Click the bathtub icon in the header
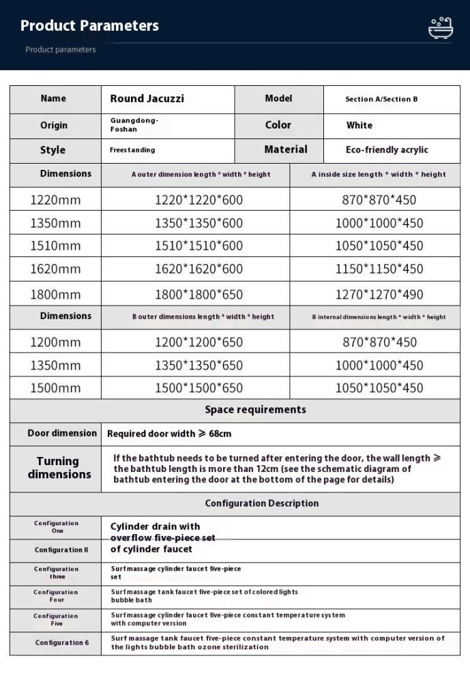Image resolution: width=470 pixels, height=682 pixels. [x=440, y=29]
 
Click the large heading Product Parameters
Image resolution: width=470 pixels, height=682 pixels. [x=89, y=26]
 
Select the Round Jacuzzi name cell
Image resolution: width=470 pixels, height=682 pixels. [x=147, y=99]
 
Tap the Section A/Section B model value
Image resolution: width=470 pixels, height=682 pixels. [x=381, y=100]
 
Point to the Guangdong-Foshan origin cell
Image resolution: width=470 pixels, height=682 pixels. [x=134, y=125]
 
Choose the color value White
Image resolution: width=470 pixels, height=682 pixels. [x=359, y=125]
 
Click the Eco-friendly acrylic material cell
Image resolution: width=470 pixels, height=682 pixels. [x=387, y=150]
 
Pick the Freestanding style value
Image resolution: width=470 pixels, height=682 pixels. [x=132, y=150]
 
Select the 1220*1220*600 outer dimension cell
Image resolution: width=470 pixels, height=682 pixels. [x=199, y=200]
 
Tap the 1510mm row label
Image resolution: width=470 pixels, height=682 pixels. [x=55, y=246]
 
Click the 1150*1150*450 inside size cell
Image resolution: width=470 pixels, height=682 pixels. [x=379, y=269]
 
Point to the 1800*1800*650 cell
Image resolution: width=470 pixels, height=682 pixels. [x=199, y=295]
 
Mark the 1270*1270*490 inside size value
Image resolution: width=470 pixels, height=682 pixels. [x=379, y=295]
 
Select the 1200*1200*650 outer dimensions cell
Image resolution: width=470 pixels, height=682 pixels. [x=199, y=342]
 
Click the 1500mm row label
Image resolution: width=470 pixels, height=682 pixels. [x=55, y=388]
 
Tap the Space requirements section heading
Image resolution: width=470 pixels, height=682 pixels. [x=255, y=410]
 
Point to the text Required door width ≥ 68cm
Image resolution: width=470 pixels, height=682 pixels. [x=169, y=434]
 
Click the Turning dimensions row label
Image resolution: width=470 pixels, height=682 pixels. [x=59, y=468]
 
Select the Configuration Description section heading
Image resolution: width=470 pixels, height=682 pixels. [x=261, y=504]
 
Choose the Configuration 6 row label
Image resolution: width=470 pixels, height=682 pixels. [x=62, y=642]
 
